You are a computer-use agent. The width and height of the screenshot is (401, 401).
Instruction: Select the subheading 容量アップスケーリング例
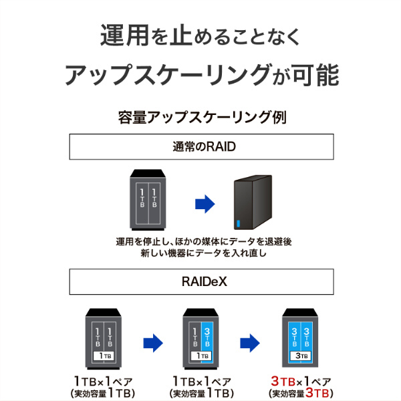[x=201, y=118]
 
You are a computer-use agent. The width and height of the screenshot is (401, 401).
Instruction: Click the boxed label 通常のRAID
[x=201, y=147]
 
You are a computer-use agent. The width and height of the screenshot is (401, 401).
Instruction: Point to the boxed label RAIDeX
[x=201, y=281]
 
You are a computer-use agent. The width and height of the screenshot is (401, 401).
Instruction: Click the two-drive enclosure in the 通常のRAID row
[x=148, y=200]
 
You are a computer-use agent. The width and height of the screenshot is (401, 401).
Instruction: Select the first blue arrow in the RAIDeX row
[x=153, y=343]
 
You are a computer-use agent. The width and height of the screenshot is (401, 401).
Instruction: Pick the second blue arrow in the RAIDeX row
[x=250, y=343]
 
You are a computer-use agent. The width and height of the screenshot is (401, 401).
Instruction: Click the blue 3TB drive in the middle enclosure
[x=207, y=334]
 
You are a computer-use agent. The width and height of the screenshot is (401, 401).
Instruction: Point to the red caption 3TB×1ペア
[x=301, y=380]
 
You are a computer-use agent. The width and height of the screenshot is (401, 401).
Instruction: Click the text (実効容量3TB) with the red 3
[x=301, y=392]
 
